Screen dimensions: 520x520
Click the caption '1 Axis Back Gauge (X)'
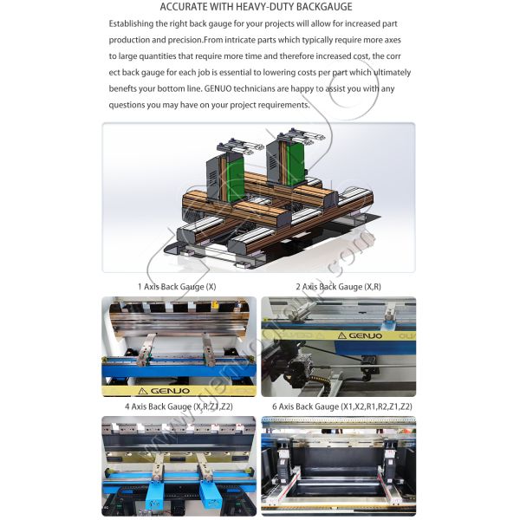[x=177, y=286]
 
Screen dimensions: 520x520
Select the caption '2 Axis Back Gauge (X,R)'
[x=338, y=286]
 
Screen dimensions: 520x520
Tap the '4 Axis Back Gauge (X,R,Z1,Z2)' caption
[x=179, y=406]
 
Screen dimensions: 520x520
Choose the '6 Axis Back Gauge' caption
[x=341, y=406]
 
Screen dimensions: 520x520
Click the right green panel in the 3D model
[x=296, y=165]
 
